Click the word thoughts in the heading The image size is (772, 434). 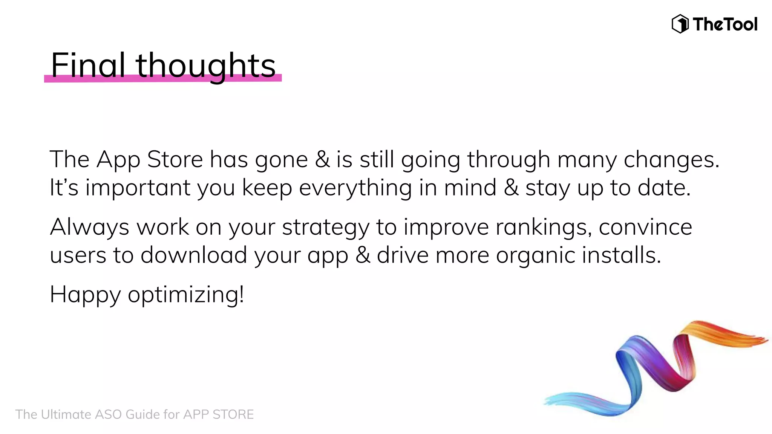tap(205, 66)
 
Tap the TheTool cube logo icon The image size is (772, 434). tap(680, 24)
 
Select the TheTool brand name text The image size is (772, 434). tap(725, 24)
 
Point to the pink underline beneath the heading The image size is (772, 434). tap(163, 78)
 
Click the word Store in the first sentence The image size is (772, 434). tap(175, 159)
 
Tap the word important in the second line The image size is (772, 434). tap(138, 188)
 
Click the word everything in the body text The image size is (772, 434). tap(355, 188)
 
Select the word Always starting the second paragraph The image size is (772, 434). tap(90, 227)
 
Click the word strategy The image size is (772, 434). tap(326, 228)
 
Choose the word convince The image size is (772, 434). tap(645, 227)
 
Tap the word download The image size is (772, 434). tap(194, 255)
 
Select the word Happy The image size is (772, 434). tap(85, 295)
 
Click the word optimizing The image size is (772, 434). tap(185, 295)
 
